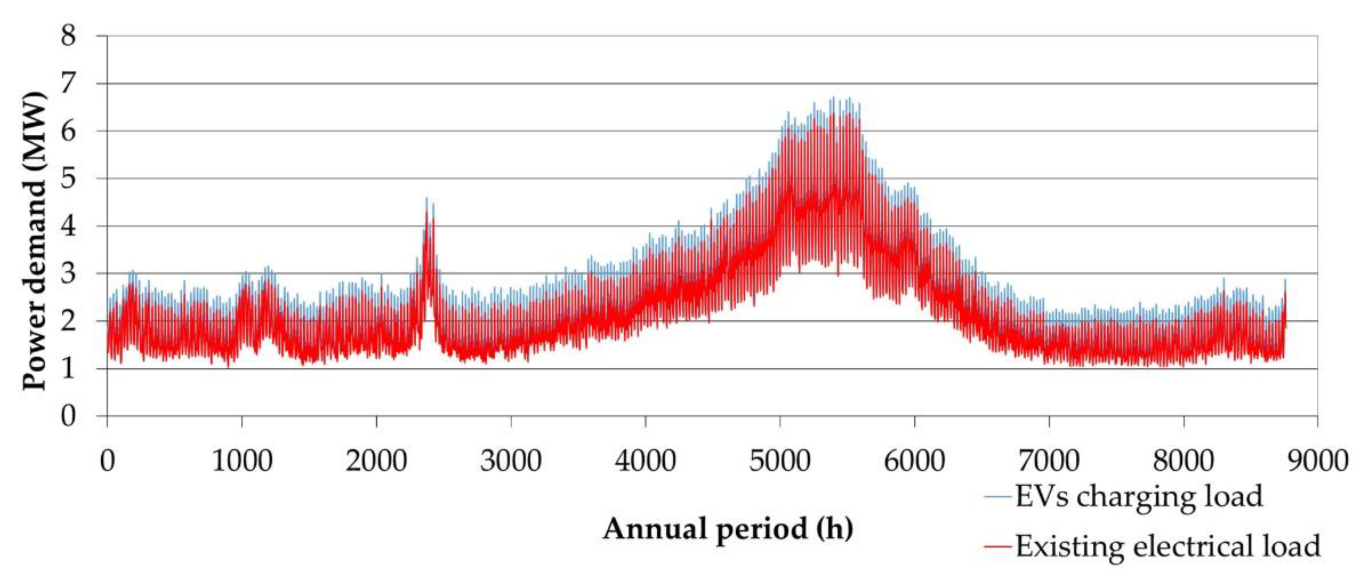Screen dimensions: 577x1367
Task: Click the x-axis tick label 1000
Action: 242,460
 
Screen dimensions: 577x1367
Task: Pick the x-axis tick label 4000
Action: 645,460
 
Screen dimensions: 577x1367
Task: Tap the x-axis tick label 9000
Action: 1318,460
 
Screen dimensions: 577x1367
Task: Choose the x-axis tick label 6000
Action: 915,460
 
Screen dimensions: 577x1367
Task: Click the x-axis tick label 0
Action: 107,460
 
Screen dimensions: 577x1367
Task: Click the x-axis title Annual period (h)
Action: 727,529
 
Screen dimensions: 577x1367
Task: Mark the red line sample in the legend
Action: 999,546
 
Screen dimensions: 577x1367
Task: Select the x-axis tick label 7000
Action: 1049,460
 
